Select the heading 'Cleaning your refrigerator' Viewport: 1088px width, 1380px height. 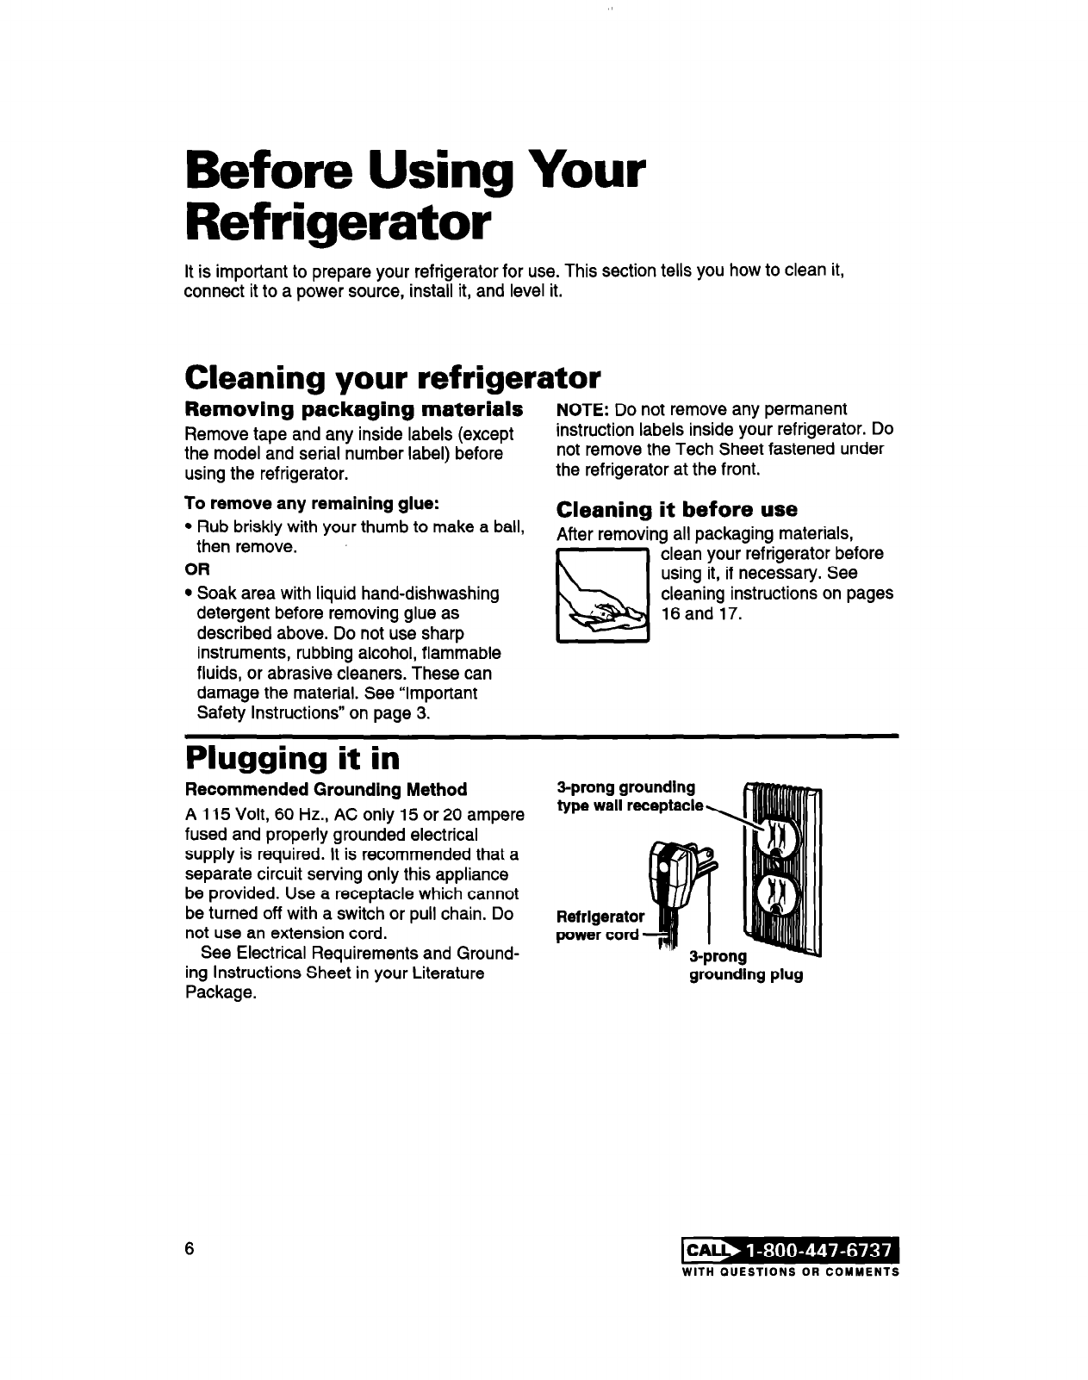[x=392, y=377]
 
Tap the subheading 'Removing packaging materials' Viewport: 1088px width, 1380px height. [x=354, y=407]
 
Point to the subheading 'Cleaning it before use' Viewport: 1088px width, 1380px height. [x=677, y=508]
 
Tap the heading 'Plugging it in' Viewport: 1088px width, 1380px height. [x=292, y=759]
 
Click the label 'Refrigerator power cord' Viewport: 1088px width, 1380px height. [x=600, y=925]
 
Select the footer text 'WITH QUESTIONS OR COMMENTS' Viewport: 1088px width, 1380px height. [x=790, y=1272]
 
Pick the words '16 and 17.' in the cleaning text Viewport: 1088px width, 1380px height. [x=699, y=614]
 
